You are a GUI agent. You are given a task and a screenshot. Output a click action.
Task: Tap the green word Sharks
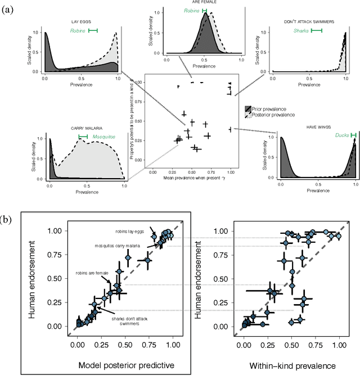click(301, 31)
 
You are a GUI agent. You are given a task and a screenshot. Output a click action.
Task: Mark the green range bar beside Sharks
click(317, 31)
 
